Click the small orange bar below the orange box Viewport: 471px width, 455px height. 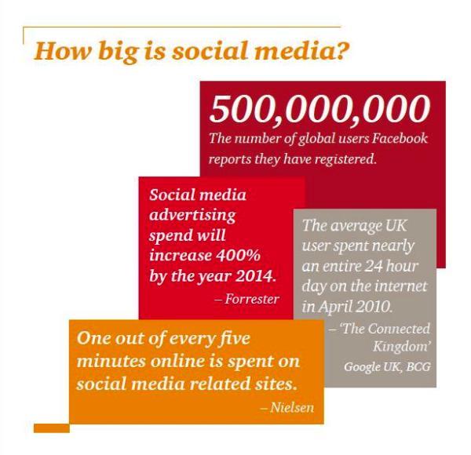pos(51,428)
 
